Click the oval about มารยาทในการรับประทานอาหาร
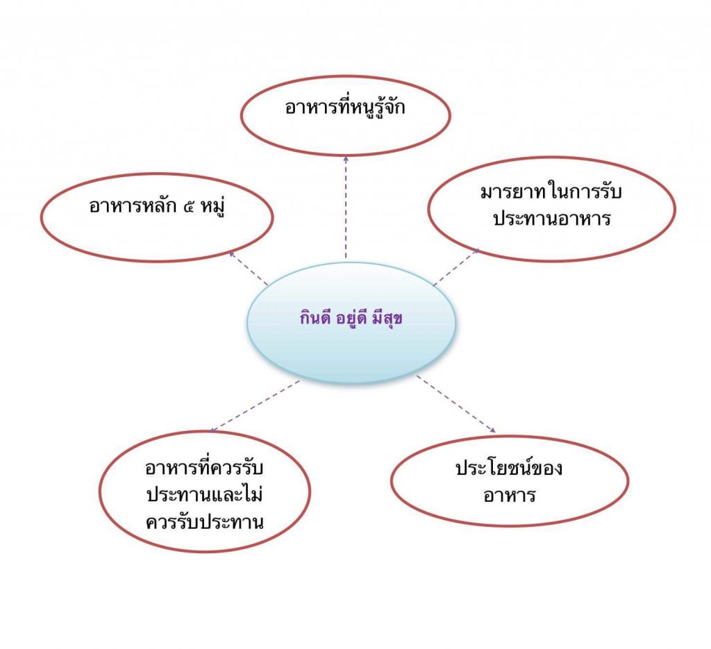click(551, 208)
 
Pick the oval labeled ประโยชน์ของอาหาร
click(509, 481)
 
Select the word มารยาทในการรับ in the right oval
click(551, 192)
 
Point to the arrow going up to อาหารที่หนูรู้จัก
click(345, 208)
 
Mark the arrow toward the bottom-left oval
click(255, 406)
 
